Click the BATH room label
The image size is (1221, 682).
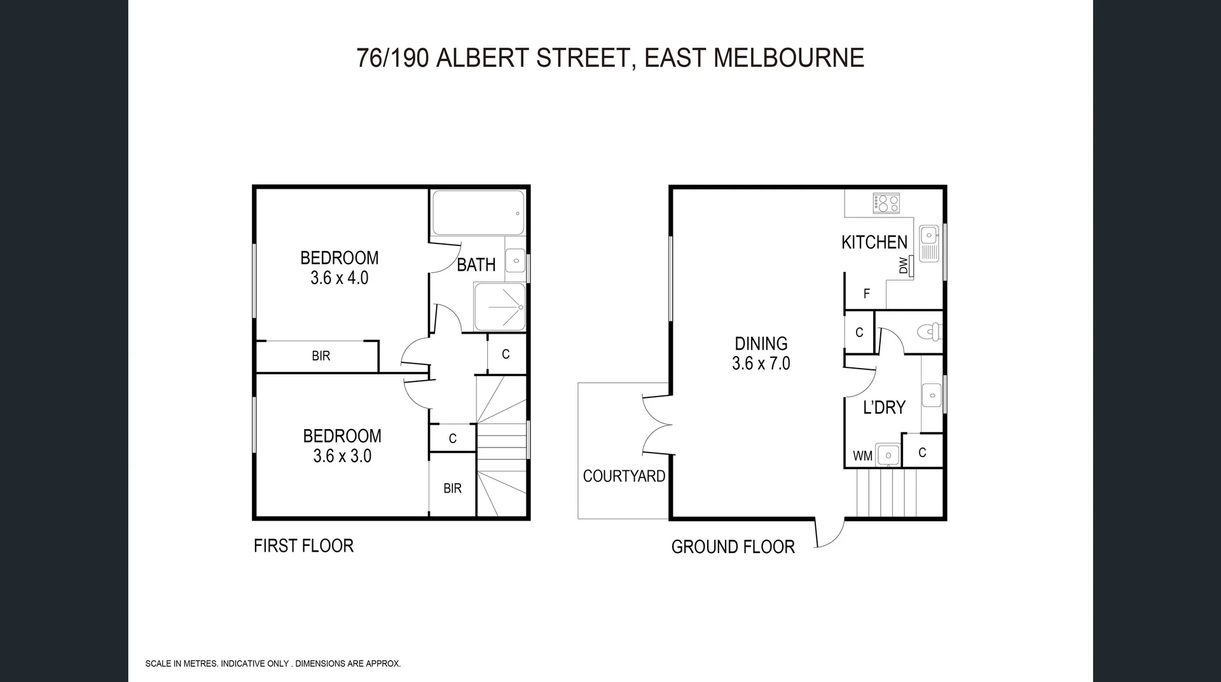click(476, 264)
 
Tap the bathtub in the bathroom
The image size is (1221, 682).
click(478, 213)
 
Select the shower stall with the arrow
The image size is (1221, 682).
click(500, 307)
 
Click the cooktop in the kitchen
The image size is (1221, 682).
click(886, 203)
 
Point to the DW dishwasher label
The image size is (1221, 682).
click(904, 265)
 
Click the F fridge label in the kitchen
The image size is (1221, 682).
click(866, 294)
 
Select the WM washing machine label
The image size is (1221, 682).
click(862, 456)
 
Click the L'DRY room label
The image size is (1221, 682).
click(883, 407)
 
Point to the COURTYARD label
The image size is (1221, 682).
click(623, 476)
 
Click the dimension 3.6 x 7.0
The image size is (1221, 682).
click(761, 364)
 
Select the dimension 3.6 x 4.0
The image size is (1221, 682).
click(339, 278)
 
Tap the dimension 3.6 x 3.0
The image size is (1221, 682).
click(342, 456)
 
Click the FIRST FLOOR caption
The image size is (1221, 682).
click(303, 545)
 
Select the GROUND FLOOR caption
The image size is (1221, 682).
click(733, 547)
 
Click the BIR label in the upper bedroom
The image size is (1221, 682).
click(321, 356)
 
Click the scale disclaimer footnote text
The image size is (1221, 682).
click(273, 664)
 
